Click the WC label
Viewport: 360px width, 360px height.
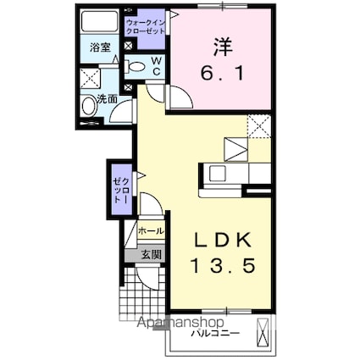pos(158,65)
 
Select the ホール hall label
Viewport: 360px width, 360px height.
pos(151,230)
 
